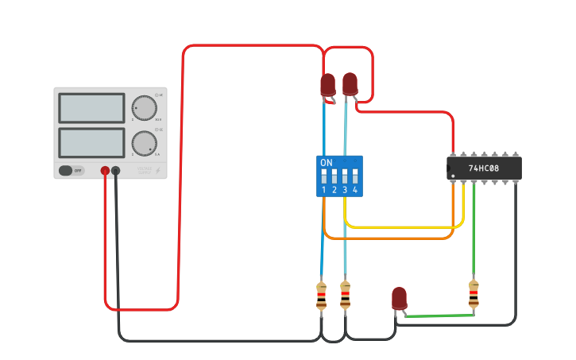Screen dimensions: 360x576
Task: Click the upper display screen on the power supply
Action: click(x=91, y=108)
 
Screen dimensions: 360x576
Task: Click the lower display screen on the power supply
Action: click(x=91, y=142)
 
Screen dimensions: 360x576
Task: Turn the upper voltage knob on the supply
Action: click(x=144, y=107)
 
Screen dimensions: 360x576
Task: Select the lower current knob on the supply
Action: click(x=144, y=143)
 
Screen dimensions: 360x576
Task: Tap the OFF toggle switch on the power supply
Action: click(x=72, y=170)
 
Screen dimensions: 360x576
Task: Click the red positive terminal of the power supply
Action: click(x=105, y=170)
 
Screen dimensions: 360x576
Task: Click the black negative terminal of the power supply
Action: click(x=116, y=170)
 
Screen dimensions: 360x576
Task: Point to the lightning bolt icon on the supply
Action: click(x=157, y=170)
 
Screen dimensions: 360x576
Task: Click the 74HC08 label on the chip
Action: click(x=484, y=168)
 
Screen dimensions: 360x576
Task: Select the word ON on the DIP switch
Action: click(x=326, y=162)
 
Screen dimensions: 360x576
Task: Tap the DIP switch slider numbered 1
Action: click(x=324, y=176)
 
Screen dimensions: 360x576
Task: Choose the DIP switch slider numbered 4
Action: click(x=355, y=176)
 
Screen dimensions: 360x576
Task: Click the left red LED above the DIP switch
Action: click(x=327, y=84)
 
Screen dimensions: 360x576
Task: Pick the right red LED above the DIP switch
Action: click(x=350, y=83)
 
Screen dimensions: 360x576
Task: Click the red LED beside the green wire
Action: click(x=399, y=299)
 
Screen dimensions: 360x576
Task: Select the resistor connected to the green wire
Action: click(x=474, y=293)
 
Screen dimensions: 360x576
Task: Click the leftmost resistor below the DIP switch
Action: click(x=321, y=295)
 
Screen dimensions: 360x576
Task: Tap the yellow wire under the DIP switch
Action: click(x=397, y=227)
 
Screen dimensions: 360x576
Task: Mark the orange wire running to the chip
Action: click(x=389, y=238)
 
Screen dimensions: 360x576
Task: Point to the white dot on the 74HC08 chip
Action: click(x=453, y=175)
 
